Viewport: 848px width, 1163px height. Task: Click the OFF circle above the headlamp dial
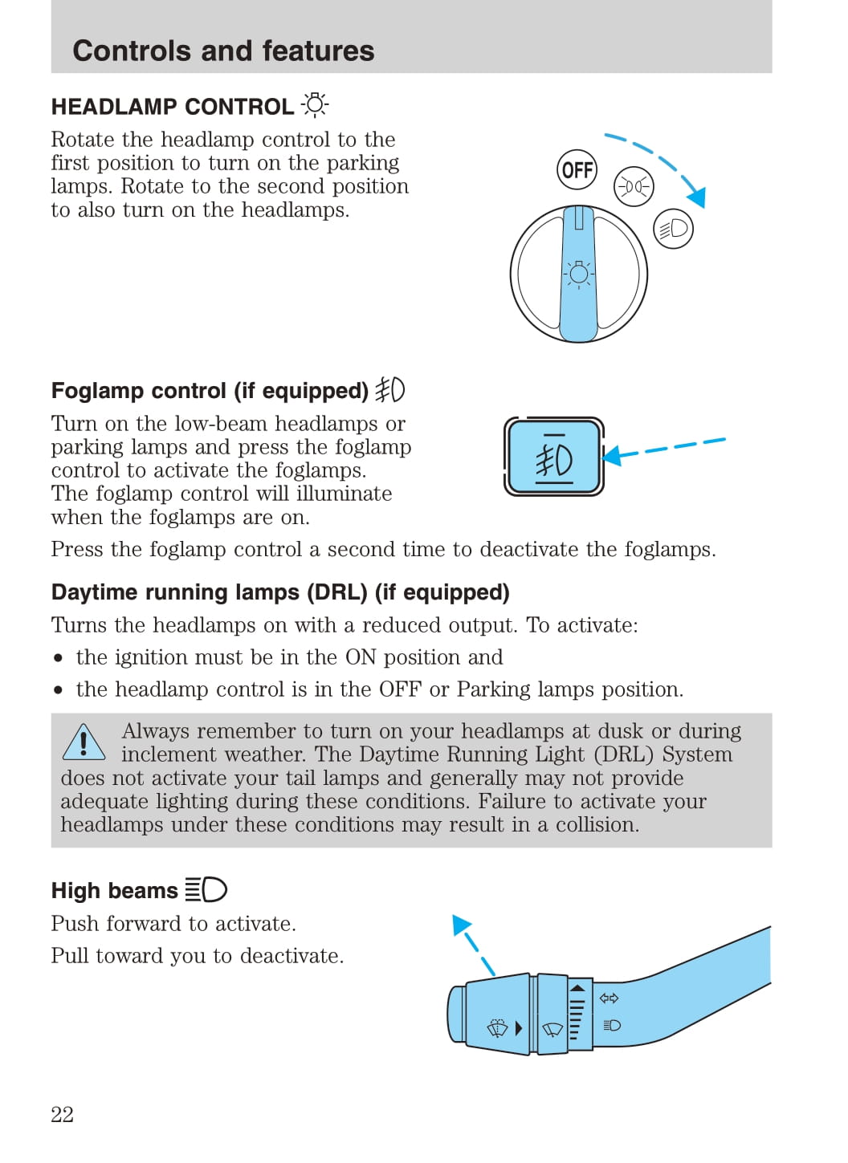(x=577, y=170)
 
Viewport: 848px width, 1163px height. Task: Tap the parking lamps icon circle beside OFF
(x=634, y=187)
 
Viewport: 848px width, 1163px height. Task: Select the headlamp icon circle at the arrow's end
(x=673, y=229)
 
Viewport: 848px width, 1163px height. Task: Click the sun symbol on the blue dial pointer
(x=578, y=274)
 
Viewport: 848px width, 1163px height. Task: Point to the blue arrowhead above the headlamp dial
(x=696, y=197)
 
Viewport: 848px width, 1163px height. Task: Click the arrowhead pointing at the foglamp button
(x=613, y=456)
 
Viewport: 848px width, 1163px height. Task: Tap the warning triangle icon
(x=84, y=742)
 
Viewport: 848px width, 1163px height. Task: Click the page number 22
(x=62, y=1114)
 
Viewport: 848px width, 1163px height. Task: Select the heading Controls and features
(x=223, y=51)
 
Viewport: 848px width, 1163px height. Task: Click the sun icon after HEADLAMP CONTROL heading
(x=315, y=105)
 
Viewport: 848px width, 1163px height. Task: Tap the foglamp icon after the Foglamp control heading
(x=390, y=390)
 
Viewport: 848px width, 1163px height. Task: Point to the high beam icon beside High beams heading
(x=206, y=889)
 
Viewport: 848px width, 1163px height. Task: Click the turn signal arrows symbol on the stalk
(x=609, y=998)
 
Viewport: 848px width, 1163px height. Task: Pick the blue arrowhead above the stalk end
(x=461, y=925)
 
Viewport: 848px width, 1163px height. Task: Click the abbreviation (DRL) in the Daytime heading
(x=336, y=592)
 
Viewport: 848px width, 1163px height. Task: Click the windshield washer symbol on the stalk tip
(x=498, y=1028)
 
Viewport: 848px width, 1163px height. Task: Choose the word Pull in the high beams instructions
(x=70, y=956)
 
